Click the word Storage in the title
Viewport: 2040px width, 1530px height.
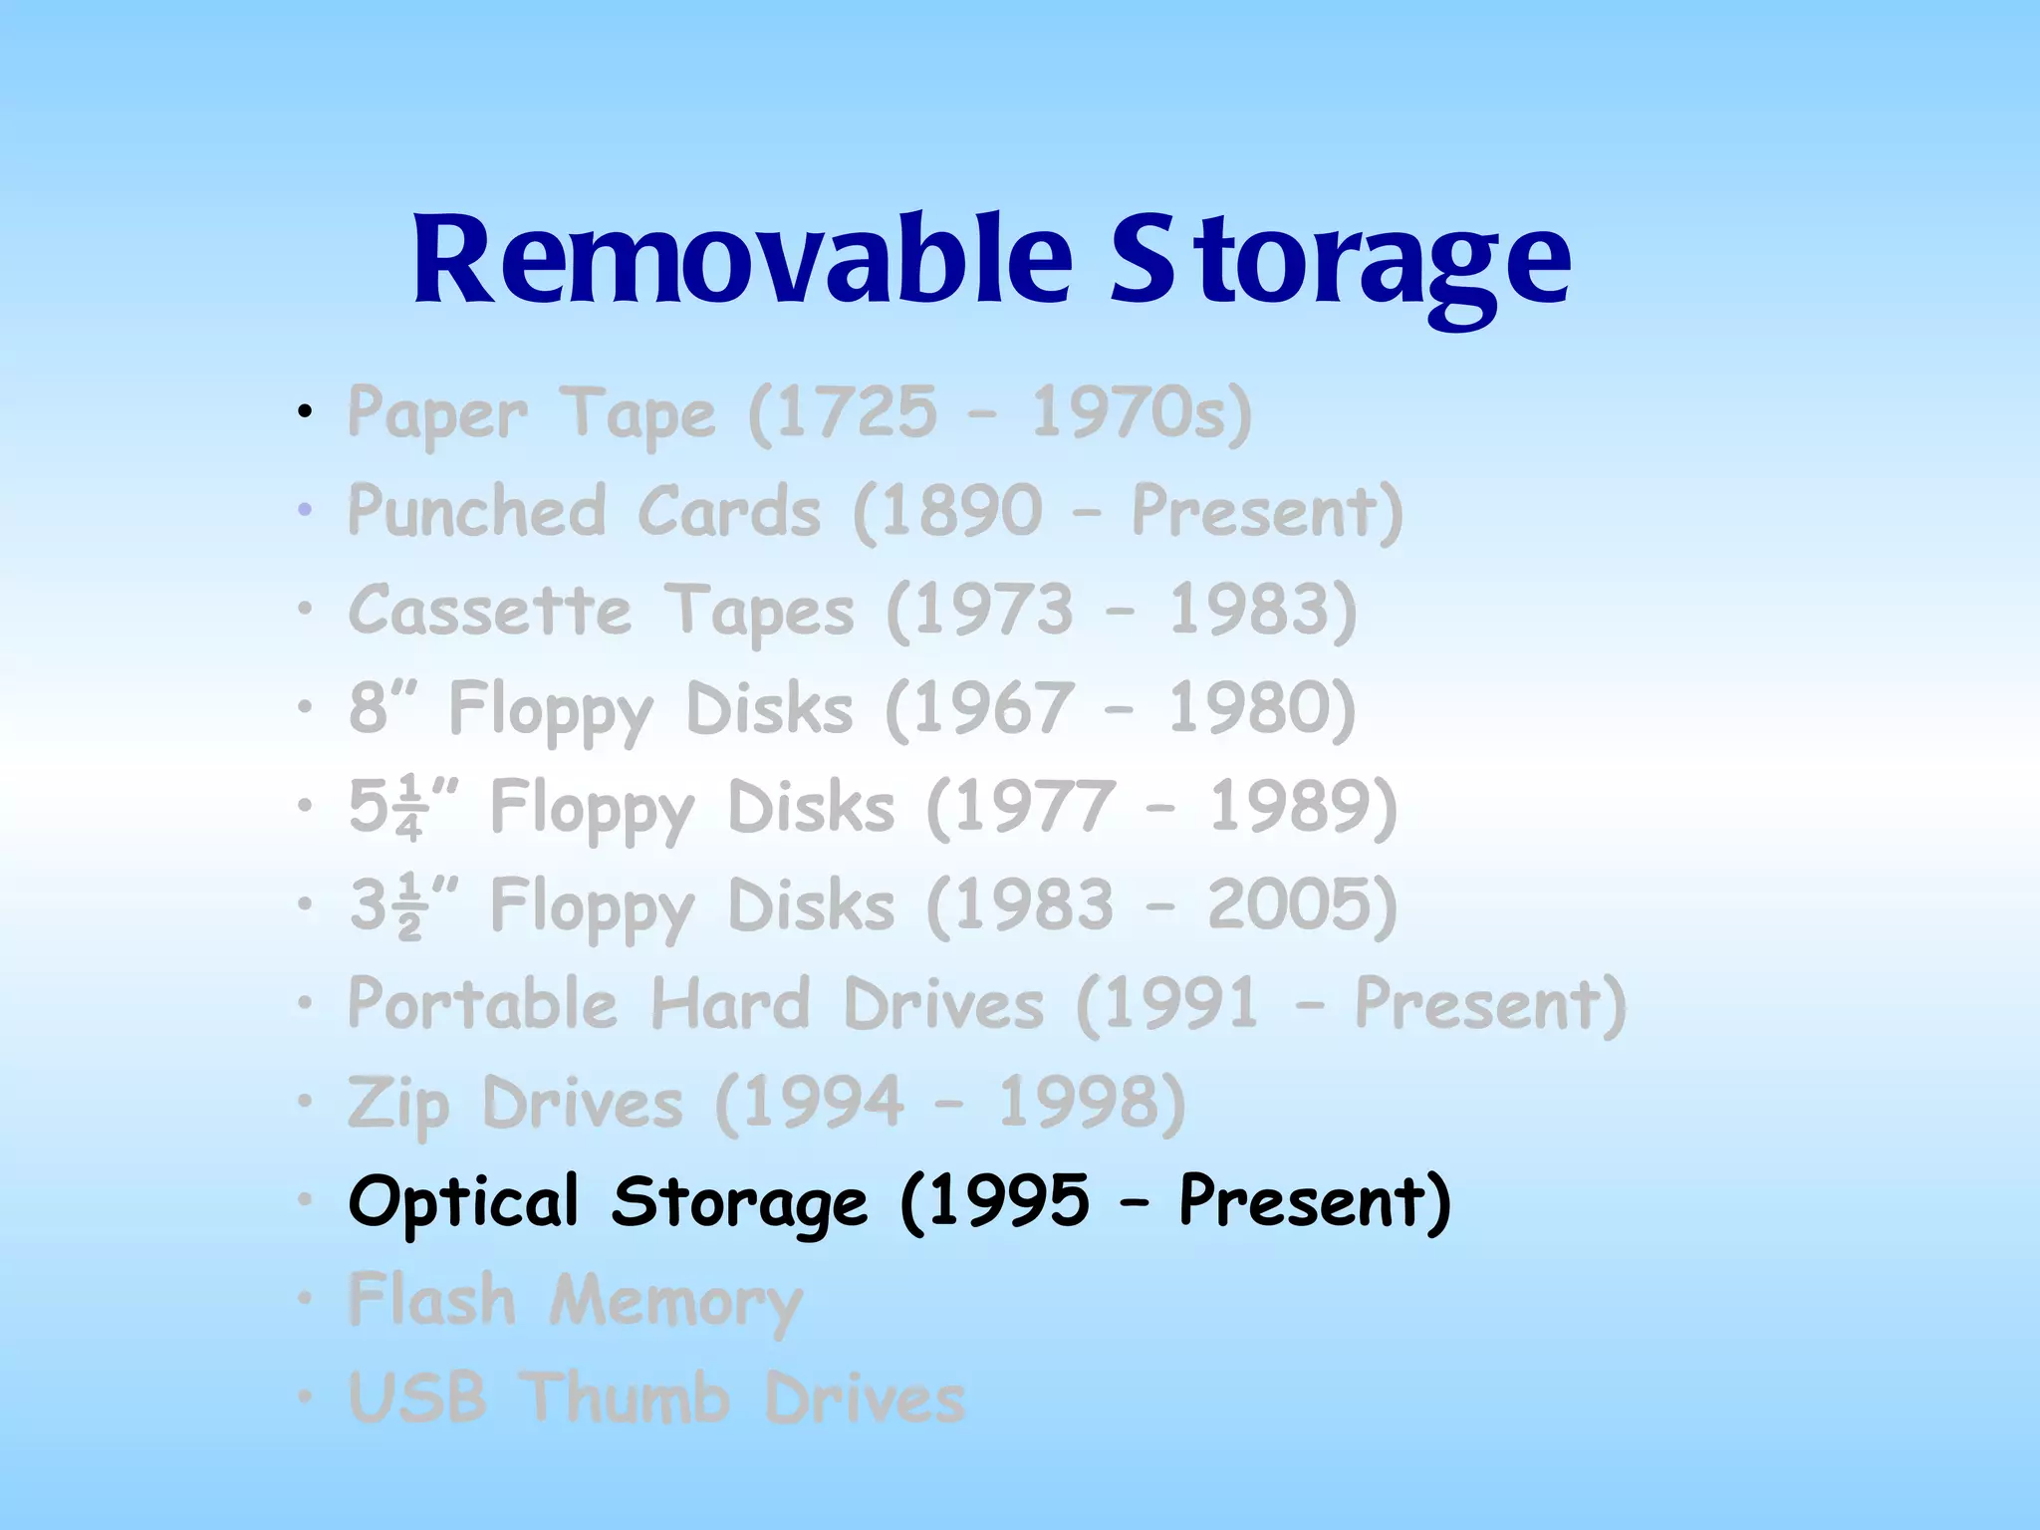[x=1340, y=261]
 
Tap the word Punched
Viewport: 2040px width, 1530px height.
[x=476, y=510]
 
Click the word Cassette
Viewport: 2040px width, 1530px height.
[x=490, y=610]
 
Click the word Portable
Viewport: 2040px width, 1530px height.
[x=482, y=1003]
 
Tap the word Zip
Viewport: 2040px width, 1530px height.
[x=398, y=1104]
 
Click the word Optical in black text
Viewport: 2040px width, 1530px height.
[x=463, y=1201]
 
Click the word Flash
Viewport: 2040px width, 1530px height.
[x=432, y=1299]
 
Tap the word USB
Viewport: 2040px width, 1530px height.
[x=417, y=1397]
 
